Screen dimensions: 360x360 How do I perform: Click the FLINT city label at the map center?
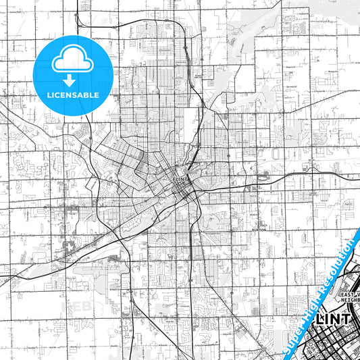click(x=182, y=178)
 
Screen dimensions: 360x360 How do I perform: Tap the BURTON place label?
click(x=260, y=230)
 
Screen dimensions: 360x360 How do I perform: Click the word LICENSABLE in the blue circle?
click(x=72, y=95)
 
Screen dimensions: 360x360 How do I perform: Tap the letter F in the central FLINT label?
click(x=175, y=178)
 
